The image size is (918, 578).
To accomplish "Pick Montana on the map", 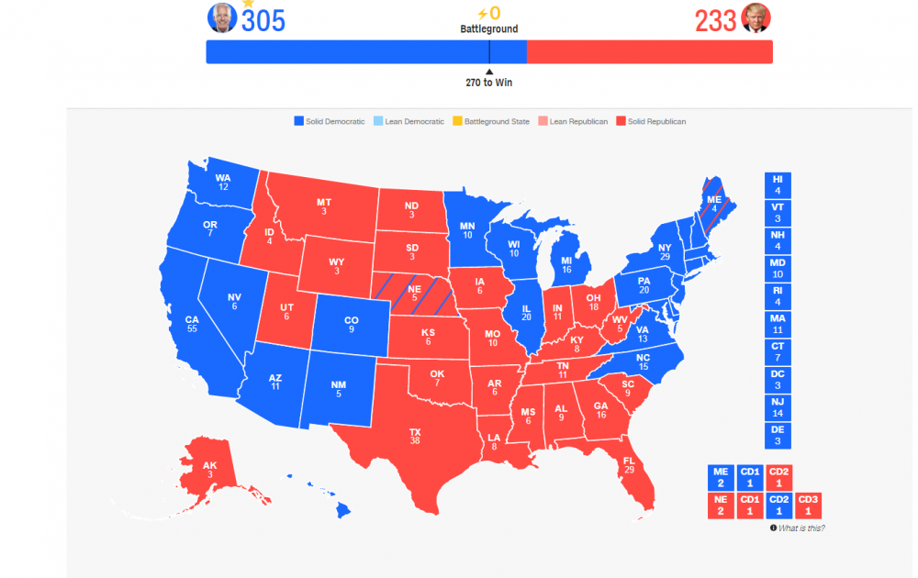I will [323, 206].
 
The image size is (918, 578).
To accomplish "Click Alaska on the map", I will [210, 469].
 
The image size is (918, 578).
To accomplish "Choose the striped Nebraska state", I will [414, 293].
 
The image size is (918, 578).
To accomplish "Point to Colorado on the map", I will [351, 324].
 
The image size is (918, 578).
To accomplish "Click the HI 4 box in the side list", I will [778, 184].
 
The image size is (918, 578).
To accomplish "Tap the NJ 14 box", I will [778, 406].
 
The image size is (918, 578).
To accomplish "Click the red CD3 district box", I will [807, 506].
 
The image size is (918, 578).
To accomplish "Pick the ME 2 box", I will [721, 477].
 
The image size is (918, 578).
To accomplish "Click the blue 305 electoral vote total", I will [263, 19].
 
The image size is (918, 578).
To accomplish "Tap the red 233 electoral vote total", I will [716, 19].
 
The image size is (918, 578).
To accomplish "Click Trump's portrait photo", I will [756, 17].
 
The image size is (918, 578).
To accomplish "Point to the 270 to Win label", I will [488, 83].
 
